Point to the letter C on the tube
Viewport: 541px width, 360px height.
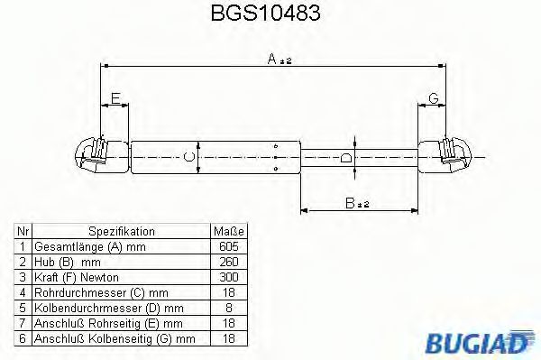(189, 158)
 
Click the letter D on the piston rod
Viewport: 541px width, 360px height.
(348, 157)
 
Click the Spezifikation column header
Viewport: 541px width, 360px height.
(121, 231)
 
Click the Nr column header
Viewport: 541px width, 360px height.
(22, 231)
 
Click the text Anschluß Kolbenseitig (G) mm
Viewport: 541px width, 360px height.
(114, 338)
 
